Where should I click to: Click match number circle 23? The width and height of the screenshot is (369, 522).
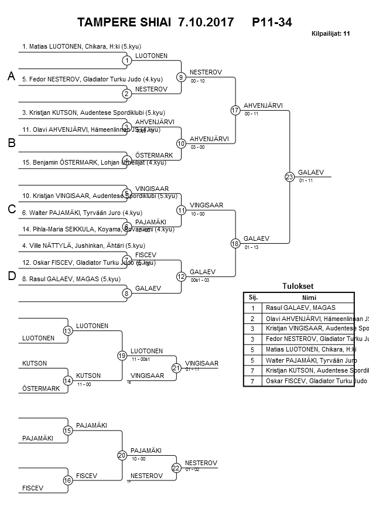[289, 176]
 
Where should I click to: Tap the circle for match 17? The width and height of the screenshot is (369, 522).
[235, 110]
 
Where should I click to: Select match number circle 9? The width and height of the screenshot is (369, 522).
[181, 77]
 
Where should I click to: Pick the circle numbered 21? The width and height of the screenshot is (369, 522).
[176, 368]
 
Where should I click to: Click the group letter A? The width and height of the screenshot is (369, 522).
[11, 76]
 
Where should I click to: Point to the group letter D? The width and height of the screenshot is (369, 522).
[11, 276]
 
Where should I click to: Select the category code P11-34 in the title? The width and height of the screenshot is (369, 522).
[272, 23]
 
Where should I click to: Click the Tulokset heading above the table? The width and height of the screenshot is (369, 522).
[299, 286]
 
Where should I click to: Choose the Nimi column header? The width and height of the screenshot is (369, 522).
[309, 297]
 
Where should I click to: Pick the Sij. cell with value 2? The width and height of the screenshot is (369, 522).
[252, 319]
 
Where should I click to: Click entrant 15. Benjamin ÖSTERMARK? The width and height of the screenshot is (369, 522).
[94, 162]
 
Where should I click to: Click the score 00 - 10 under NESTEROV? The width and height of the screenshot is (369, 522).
[197, 81]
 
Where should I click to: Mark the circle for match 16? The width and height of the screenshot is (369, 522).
[68, 480]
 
